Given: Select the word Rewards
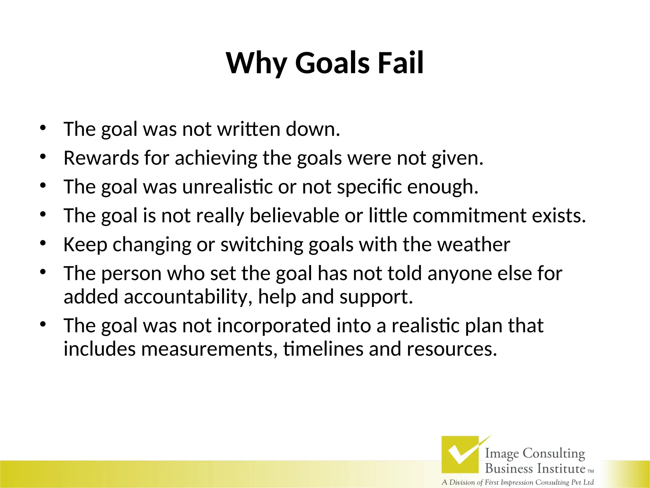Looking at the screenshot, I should pos(101,158).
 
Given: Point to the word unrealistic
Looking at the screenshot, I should pos(227,186).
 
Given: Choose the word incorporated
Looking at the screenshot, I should pos(274,326).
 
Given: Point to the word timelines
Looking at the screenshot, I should pos(323,349).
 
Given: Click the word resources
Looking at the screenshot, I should pos(452,349).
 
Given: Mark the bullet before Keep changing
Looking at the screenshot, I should pos(43,243).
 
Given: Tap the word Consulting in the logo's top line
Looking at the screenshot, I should pos(554,453).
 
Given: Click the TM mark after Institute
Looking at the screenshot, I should pos(591,471).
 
